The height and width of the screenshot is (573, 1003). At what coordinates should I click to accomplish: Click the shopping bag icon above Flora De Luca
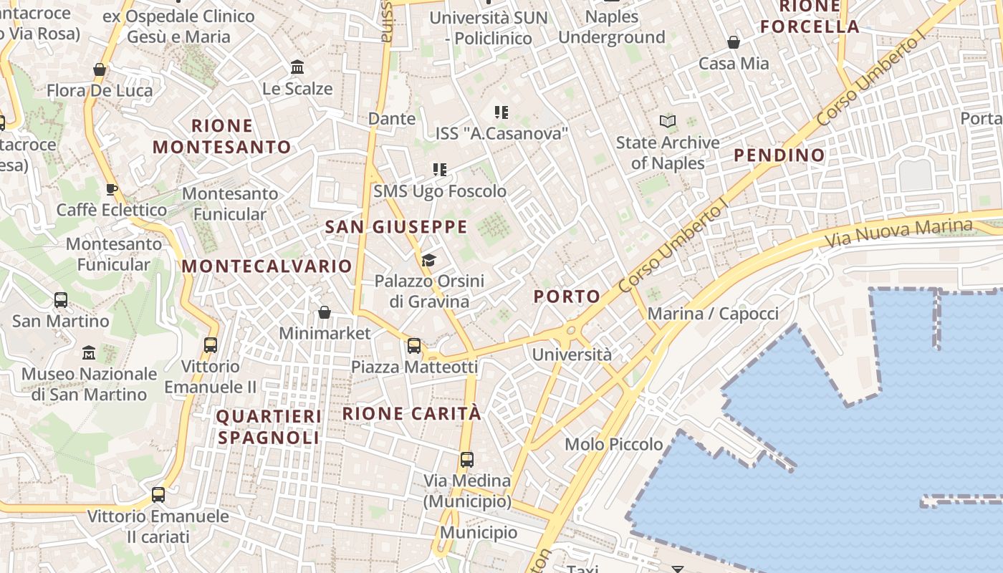100,69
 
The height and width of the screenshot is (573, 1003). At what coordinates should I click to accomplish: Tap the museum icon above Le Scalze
297,67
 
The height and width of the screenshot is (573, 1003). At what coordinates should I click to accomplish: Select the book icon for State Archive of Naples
668,121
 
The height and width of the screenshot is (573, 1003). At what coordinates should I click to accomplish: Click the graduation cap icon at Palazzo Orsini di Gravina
428,259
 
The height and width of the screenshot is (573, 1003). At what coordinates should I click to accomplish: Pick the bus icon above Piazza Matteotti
414,346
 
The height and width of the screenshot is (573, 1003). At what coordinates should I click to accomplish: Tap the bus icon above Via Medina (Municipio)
467,459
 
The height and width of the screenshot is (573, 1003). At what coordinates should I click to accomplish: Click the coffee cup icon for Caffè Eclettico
111,189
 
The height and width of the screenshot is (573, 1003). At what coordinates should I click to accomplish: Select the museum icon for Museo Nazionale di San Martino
89,352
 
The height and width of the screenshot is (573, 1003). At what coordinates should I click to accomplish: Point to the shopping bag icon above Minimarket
325,312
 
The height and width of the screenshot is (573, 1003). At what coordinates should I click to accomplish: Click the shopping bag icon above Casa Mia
734,42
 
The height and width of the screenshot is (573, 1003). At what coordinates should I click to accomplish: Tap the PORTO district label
567,297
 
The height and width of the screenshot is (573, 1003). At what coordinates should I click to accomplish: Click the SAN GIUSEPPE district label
396,227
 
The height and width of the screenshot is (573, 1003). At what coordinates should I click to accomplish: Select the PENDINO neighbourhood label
779,155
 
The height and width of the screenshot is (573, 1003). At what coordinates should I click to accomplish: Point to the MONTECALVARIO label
267,266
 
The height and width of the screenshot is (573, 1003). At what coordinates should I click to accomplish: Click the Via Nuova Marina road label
899,233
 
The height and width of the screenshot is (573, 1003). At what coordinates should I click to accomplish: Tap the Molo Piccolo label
614,444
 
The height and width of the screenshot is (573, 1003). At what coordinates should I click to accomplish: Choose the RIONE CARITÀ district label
412,413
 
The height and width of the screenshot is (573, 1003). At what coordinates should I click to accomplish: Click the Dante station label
391,118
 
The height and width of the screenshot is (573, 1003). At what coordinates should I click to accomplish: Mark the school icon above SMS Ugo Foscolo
440,170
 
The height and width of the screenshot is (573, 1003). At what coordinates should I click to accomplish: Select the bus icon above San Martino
61,300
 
